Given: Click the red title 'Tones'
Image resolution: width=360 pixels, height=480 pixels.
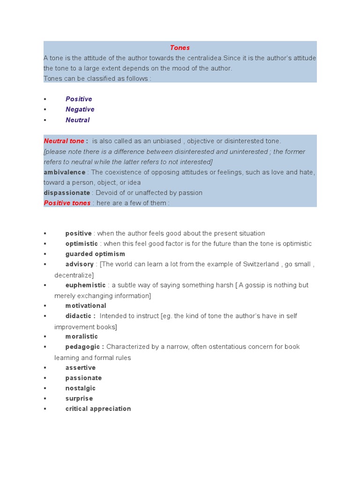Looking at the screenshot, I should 180,48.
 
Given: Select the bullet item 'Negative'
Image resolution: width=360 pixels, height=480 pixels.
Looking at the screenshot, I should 80,109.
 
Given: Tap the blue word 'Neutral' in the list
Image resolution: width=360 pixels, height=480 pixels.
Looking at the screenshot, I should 77,120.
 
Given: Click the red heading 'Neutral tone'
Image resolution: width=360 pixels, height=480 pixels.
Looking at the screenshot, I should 64,141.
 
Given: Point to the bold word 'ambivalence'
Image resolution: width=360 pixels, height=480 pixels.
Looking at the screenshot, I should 65,172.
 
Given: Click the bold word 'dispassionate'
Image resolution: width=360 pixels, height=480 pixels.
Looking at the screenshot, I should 67,193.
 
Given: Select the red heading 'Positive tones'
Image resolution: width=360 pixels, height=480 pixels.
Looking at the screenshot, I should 67,203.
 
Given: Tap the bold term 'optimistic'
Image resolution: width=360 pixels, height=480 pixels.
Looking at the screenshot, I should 82,244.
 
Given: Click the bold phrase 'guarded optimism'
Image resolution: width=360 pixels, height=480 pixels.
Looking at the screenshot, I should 95,254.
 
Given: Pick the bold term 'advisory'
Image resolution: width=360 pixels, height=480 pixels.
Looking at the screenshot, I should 79,264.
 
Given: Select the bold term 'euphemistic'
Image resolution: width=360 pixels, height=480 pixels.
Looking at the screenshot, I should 85,285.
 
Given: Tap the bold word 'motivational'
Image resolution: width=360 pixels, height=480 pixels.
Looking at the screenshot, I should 86,306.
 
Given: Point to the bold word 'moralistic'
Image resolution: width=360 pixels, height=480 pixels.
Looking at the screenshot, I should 82,337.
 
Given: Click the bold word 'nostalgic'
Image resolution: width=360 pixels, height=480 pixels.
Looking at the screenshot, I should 80,388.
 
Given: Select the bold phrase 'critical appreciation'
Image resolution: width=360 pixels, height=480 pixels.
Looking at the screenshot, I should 98,409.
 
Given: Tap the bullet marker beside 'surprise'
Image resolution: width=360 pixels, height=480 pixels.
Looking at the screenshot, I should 45,399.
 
